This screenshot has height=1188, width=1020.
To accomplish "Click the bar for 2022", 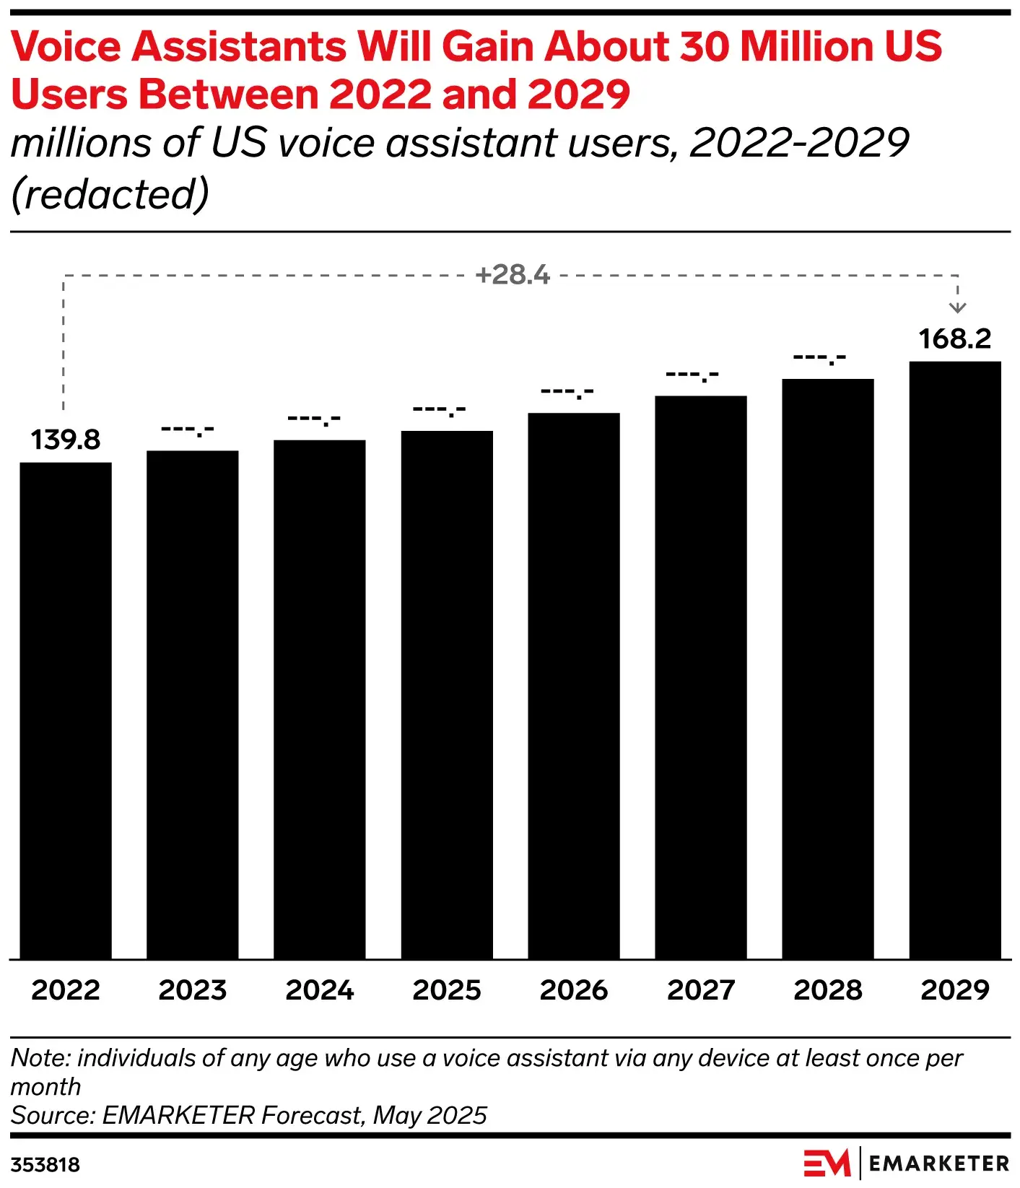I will point(66,711).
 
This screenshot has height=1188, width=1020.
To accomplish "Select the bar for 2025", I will point(447,694).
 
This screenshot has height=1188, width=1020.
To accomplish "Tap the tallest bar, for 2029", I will point(955,660).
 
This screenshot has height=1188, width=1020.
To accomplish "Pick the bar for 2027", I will point(701,677).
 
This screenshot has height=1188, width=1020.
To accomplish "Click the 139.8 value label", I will point(66,440).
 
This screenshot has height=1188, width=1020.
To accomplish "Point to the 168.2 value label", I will point(955,339).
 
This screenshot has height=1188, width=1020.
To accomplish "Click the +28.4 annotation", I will point(513,275).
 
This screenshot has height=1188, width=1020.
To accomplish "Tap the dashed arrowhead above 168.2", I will point(957,307).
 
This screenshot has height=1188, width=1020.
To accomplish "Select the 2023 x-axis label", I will point(193,990).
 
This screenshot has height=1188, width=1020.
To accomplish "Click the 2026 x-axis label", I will point(574,990).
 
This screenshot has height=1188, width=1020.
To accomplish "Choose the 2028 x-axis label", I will point(828,990).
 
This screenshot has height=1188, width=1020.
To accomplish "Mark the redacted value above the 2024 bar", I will point(314,419).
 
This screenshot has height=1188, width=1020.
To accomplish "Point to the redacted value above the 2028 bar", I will point(819,357).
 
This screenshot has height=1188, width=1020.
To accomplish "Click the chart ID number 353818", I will point(45,1164).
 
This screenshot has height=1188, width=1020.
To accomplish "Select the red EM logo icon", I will point(827,1163).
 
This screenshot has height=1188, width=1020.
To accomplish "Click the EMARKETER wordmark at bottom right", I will point(938,1163).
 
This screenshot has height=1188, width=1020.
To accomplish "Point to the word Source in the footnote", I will point(52,1115).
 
